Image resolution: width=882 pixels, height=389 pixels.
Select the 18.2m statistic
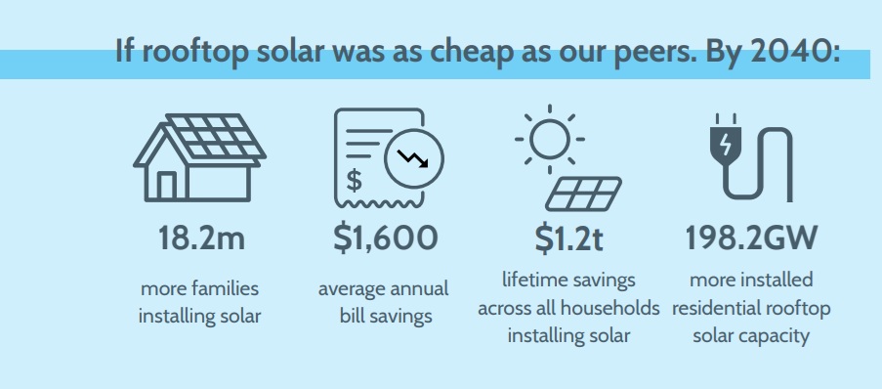[201, 238]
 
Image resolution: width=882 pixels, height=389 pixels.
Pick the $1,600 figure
[385, 238]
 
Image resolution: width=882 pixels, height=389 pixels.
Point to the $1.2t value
[568, 238]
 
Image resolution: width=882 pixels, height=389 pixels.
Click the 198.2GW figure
[751, 238]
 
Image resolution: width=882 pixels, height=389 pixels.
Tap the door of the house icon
[166, 185]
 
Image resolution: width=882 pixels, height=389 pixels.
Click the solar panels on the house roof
[216, 136]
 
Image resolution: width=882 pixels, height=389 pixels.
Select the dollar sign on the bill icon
[354, 181]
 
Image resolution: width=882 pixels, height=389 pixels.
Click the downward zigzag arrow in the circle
[412, 158]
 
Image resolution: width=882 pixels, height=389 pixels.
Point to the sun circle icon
[550, 140]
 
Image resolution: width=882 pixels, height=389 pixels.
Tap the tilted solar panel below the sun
[583, 194]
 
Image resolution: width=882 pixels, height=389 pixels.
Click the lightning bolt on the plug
[726, 144]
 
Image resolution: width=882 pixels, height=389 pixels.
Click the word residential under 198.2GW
[713, 308]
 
